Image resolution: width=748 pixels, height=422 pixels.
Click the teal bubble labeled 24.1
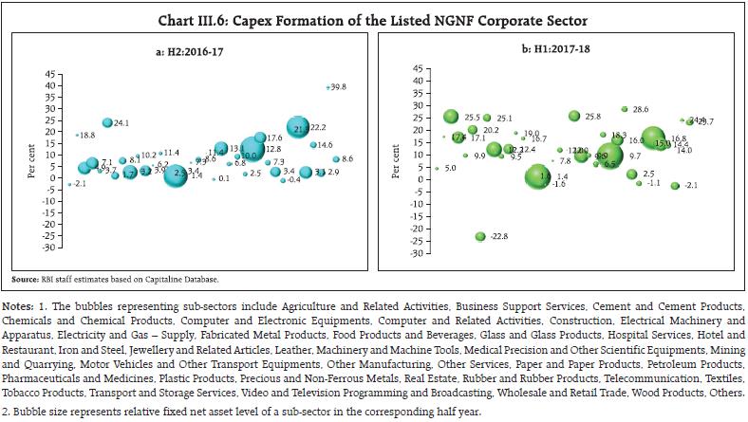(x=108, y=123)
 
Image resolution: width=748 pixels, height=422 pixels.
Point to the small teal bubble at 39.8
(x=327, y=87)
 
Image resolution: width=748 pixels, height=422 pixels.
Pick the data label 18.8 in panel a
(x=84, y=136)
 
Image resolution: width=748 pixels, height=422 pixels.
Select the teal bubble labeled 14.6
(x=314, y=145)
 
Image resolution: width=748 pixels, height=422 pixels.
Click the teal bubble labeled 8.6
(x=336, y=159)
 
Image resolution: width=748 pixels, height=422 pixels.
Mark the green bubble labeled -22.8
(x=480, y=236)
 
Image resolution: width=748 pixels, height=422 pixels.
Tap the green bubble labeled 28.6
(x=625, y=110)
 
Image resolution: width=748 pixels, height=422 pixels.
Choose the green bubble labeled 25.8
(x=574, y=117)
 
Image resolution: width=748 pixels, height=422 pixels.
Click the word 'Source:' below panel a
(x=26, y=280)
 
